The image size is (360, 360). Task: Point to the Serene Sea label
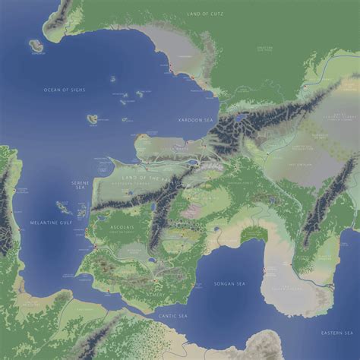point(80,185)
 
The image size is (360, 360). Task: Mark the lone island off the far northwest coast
point(36,46)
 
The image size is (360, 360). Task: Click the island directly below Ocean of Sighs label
point(92,119)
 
